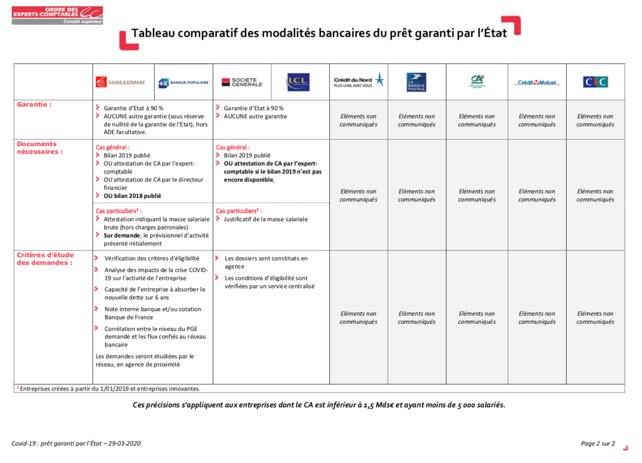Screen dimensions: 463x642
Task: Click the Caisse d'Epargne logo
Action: pos(120,82)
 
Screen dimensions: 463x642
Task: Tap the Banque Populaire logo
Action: pos(184,83)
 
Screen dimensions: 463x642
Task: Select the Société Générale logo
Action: pos(242,82)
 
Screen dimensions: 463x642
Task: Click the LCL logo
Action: pos(298,82)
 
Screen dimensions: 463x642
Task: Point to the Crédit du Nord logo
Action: pos(358,80)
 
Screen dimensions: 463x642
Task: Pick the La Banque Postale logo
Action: pos(416,82)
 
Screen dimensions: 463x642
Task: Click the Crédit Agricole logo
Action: pos(477,81)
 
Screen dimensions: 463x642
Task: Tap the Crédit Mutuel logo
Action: pos(537,83)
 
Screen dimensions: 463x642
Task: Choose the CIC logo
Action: pos(595,82)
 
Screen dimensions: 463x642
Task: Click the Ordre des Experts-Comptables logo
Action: pos(57,15)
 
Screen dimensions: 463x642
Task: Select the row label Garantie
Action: pos(34,104)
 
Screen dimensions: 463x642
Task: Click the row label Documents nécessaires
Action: pos(40,148)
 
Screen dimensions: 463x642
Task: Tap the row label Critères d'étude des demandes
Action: pos(45,259)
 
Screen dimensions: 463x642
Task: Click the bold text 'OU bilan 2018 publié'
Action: pos(132,196)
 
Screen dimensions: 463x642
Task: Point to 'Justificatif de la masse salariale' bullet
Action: pos(266,219)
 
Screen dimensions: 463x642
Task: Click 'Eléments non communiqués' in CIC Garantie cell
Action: pos(595,120)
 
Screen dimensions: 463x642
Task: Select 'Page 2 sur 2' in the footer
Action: pos(597,444)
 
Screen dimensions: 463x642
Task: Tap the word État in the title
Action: pos(495,33)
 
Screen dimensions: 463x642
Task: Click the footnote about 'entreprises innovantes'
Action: pos(110,389)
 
